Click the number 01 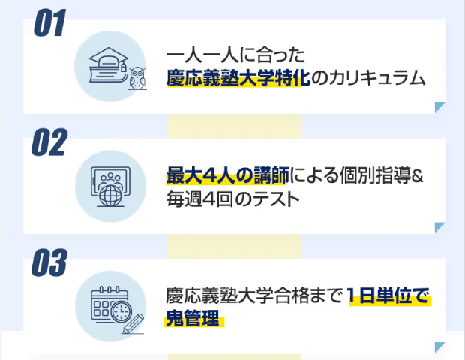[x=49, y=25]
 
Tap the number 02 [x=49, y=143]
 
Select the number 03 [x=49, y=263]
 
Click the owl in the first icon [x=136, y=76]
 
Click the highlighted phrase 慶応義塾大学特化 [x=238, y=78]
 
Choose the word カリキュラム [x=377, y=78]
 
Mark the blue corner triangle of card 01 [x=441, y=107]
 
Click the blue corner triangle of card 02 [x=441, y=227]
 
